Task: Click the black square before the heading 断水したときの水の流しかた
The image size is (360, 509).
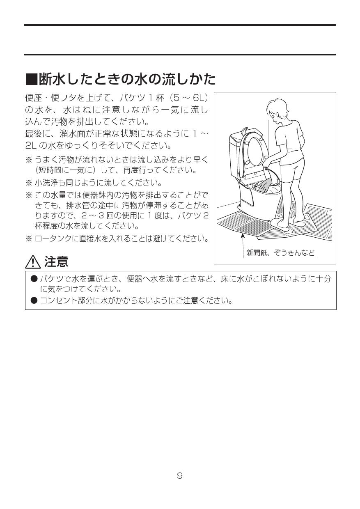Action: [31, 78]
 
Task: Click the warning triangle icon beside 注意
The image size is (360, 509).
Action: [32, 261]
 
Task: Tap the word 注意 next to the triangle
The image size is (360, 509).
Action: [56, 261]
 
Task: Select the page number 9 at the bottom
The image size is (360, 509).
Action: [180, 476]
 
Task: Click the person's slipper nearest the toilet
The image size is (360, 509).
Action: [281, 223]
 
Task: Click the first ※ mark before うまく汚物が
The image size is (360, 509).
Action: [29, 160]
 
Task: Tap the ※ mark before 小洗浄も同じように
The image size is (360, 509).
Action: [29, 183]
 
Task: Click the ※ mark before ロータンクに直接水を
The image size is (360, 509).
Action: [29, 238]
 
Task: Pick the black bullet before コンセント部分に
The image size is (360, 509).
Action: [34, 300]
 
